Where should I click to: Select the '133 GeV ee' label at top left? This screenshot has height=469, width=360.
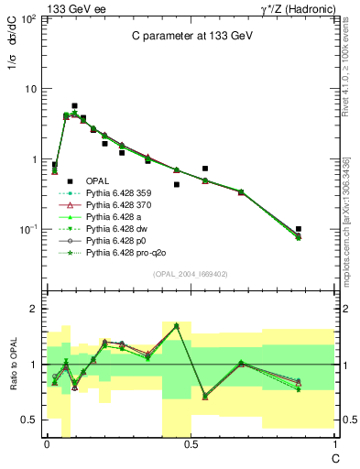71,7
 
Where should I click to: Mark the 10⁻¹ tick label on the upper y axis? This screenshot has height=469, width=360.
27,229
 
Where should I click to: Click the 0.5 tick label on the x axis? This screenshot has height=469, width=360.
190,442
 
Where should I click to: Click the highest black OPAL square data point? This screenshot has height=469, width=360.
74,106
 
